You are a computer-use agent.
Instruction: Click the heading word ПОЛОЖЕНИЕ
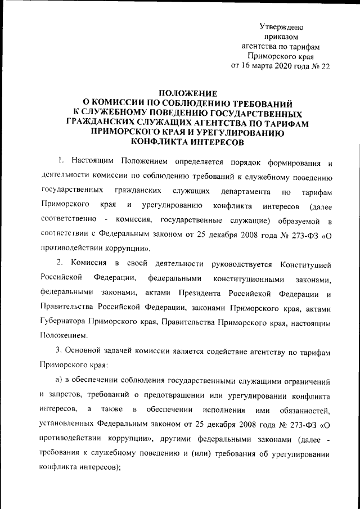(x=186, y=93)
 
